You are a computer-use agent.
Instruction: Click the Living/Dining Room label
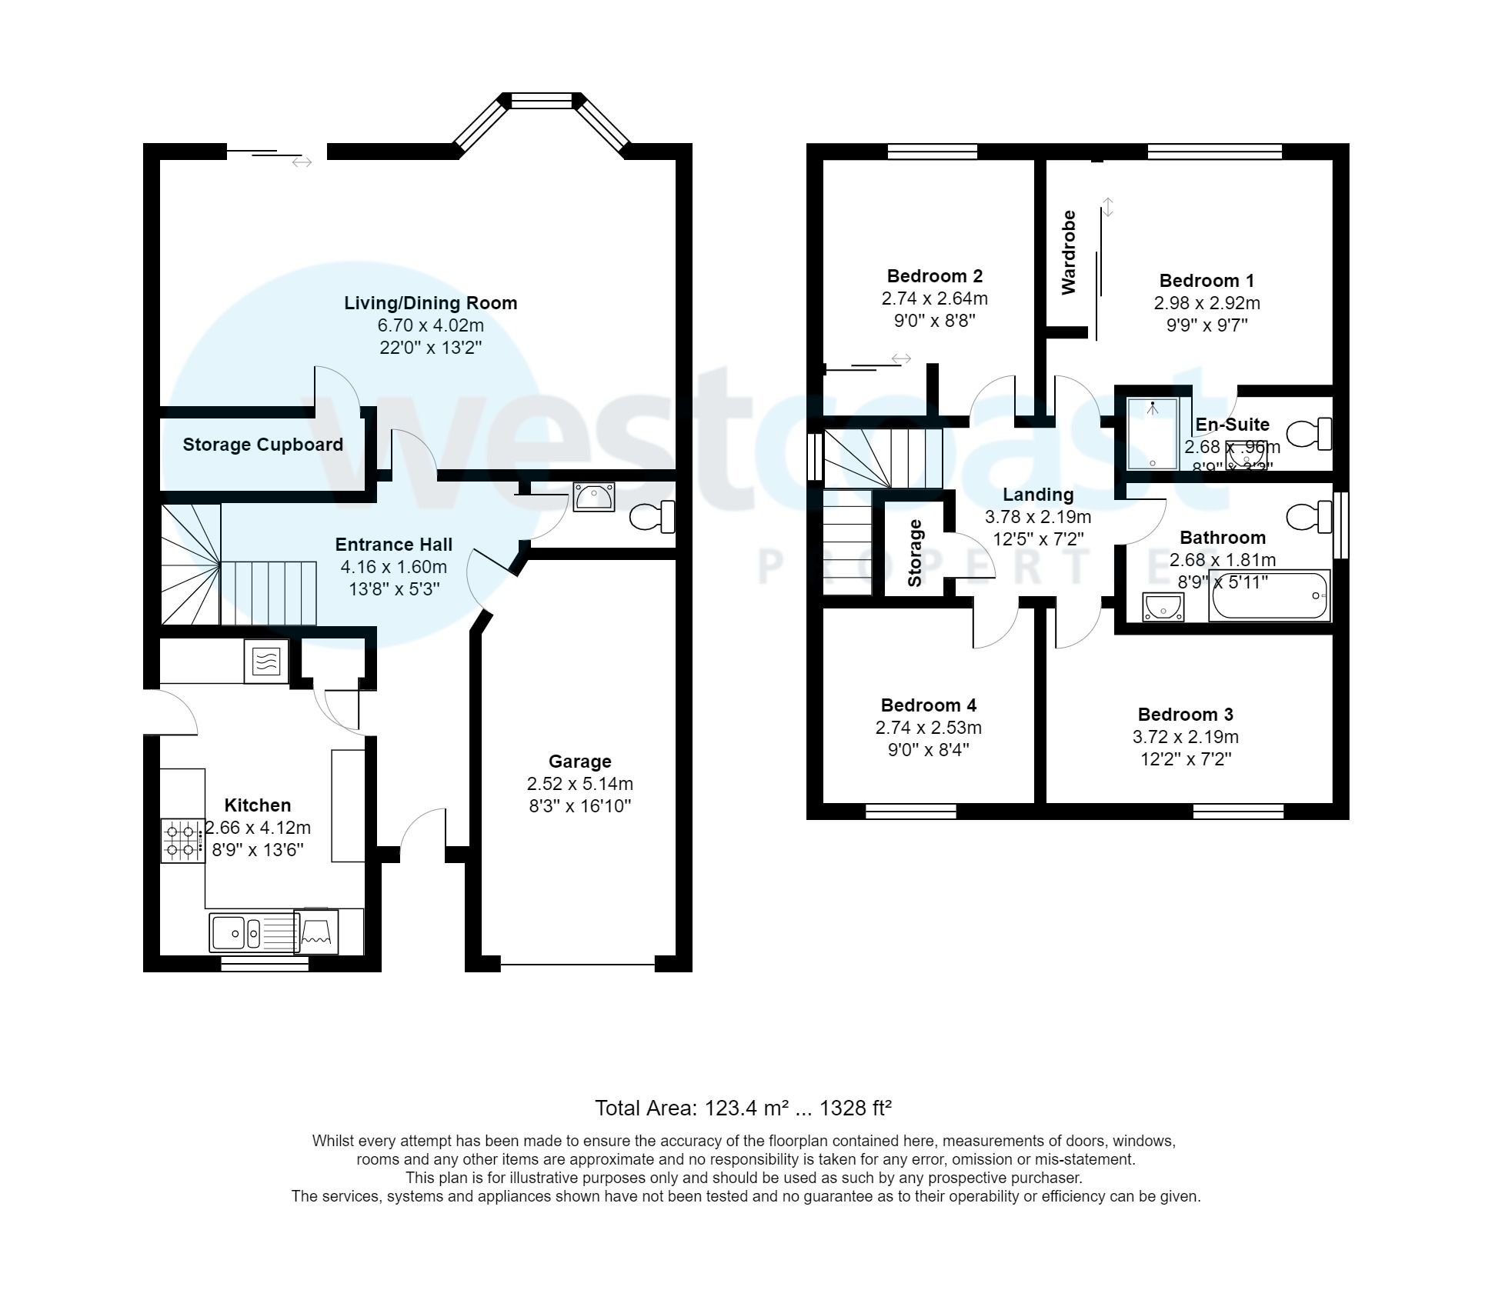tap(430, 303)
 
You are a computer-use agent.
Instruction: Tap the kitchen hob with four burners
tap(182, 841)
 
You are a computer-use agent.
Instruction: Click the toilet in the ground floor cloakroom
tap(653, 517)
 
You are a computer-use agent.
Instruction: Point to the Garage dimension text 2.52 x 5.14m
tap(579, 784)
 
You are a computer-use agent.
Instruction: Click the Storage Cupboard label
tap(262, 445)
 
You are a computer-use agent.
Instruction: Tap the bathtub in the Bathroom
tap(1269, 596)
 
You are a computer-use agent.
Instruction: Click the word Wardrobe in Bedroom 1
tap(1068, 252)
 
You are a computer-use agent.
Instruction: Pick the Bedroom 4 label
tap(928, 705)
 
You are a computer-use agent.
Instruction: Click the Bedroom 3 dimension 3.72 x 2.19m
tap(1185, 737)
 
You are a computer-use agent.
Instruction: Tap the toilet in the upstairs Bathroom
tap(1310, 517)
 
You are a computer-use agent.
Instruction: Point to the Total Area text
tap(743, 1108)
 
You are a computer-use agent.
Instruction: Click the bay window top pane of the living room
tap(542, 100)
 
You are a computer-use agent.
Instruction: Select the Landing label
tap(1037, 495)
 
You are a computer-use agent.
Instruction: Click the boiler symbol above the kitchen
tap(266, 661)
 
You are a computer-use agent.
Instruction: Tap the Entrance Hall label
tap(393, 545)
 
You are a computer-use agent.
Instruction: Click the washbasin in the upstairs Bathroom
tap(1163, 607)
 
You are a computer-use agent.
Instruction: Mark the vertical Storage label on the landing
tap(914, 553)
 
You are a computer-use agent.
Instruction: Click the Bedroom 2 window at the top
tap(932, 151)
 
